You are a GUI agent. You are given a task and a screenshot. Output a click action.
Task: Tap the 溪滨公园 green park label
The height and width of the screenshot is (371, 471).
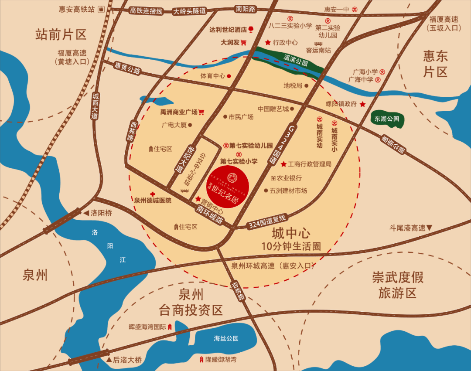click(296, 60)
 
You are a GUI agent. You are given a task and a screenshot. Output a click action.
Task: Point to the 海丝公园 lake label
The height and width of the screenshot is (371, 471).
click(226, 338)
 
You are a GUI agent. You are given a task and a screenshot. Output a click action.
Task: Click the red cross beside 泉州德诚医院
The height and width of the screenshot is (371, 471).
click(152, 194)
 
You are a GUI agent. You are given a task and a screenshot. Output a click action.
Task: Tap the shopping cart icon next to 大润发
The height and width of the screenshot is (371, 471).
click(243, 43)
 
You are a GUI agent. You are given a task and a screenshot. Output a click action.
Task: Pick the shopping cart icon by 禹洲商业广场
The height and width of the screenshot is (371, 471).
click(201, 112)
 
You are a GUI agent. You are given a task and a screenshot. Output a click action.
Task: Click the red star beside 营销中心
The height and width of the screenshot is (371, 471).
click(198, 199)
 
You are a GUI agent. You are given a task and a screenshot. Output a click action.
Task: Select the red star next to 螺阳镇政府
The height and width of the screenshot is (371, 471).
click(362, 104)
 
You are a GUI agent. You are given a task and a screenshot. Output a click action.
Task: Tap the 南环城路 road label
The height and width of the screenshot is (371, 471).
click(210, 214)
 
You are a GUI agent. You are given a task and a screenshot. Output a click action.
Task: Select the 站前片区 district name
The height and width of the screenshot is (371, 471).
click(61, 34)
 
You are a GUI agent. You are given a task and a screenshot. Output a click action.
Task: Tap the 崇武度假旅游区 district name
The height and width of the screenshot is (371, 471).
click(398, 285)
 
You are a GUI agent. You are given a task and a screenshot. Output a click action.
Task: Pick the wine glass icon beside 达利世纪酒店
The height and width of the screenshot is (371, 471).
click(251, 30)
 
